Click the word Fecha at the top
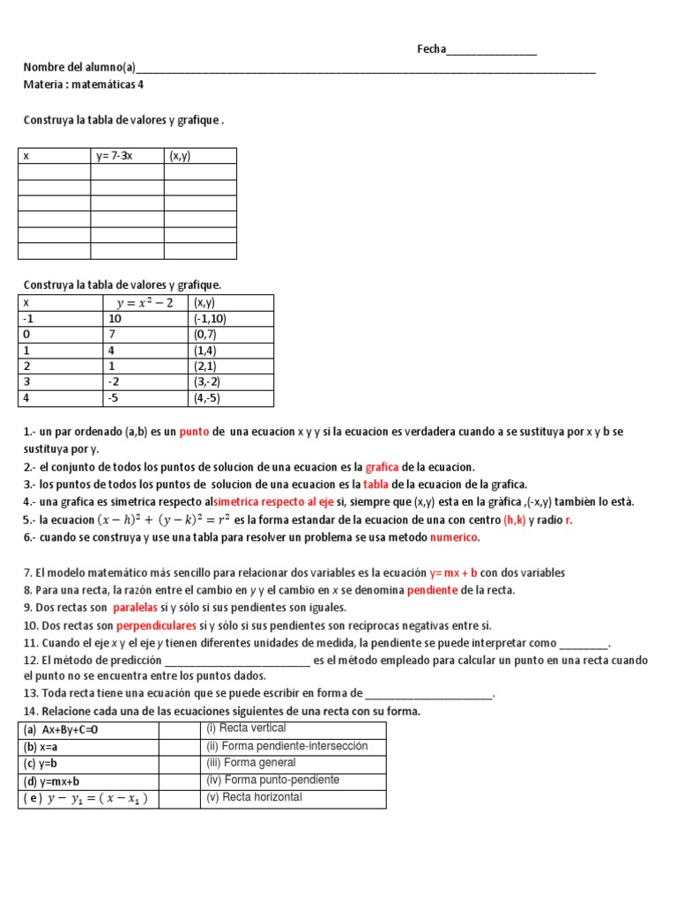click(x=431, y=49)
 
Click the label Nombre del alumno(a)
click(x=79, y=67)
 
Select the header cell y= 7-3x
click(x=115, y=156)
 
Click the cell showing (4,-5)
click(x=209, y=398)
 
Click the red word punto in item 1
click(x=193, y=432)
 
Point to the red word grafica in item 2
click(x=382, y=467)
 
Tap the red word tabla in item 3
click(x=376, y=484)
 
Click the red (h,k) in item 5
click(x=514, y=520)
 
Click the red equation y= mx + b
click(x=453, y=573)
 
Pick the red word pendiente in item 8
click(x=432, y=590)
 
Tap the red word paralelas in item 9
click(x=135, y=608)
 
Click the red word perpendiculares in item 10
click(x=156, y=625)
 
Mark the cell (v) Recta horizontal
click(x=254, y=797)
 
